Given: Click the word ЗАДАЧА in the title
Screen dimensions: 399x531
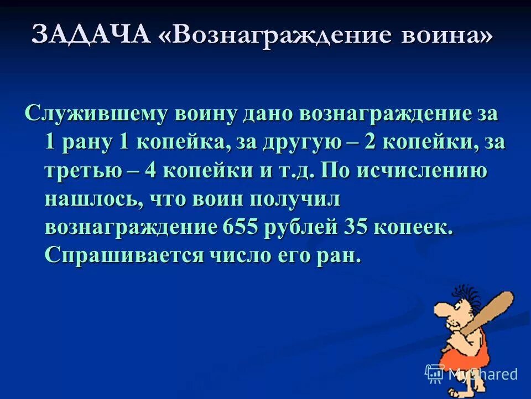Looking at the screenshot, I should click(91, 35).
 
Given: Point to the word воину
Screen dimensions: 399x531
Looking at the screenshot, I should click(206, 114).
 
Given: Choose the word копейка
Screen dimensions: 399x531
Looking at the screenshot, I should click(181, 142).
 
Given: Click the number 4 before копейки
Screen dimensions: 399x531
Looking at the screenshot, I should click(150, 171).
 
